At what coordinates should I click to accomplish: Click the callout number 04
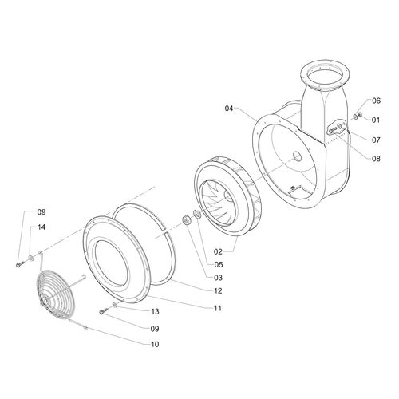tap(229, 109)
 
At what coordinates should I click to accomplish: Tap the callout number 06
tap(376, 101)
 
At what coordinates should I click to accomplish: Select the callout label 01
tap(376, 120)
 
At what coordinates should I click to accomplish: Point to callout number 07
tap(376, 140)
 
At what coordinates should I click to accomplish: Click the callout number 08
tap(376, 159)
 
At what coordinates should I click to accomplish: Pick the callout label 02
tap(218, 251)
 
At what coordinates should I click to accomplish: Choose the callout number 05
tap(219, 265)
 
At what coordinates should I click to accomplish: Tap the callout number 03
tap(218, 278)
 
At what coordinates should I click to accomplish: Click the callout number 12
tap(218, 291)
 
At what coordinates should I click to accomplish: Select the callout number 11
tap(218, 308)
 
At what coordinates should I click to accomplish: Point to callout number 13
tap(155, 311)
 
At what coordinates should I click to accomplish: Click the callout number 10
tap(155, 345)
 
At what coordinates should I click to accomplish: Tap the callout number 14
tap(41, 227)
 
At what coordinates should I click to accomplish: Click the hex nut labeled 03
tap(185, 220)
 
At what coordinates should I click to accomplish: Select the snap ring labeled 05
tap(197, 215)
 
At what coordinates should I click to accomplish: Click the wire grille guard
tap(56, 294)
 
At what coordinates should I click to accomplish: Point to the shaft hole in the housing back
tap(298, 156)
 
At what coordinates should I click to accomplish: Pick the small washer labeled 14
tap(31, 257)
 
